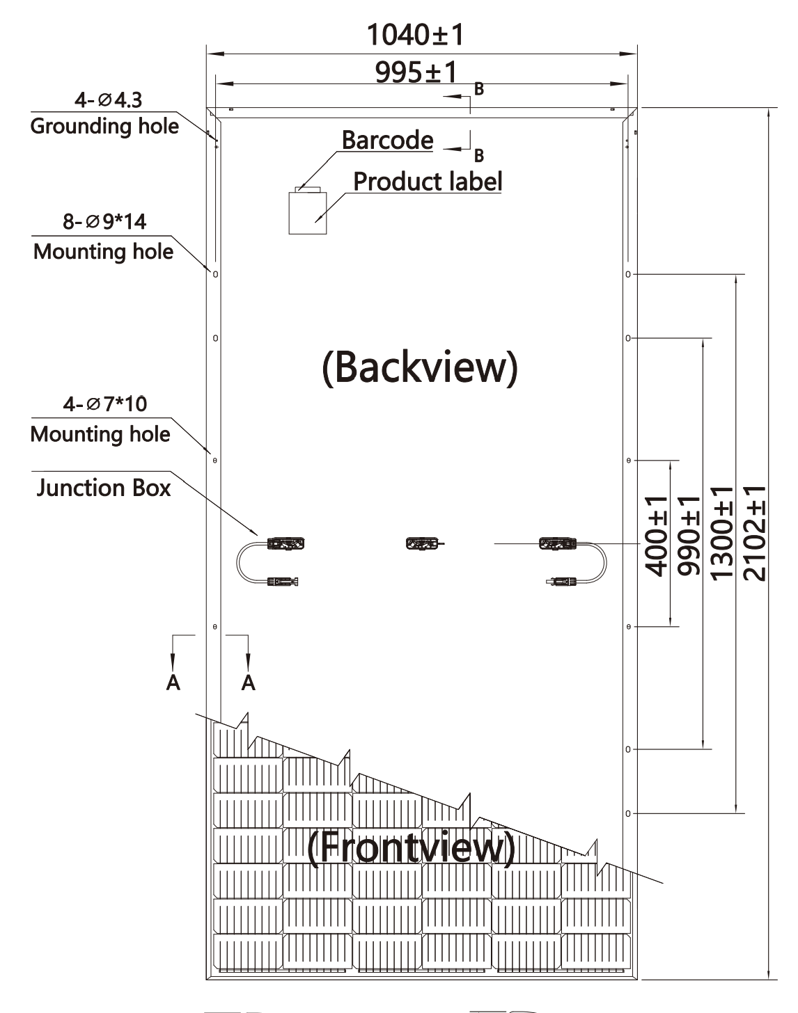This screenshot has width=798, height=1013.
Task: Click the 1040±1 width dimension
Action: [415, 35]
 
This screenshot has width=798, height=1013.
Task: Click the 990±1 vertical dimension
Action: [689, 536]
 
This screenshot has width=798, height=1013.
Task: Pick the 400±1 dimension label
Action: [657, 536]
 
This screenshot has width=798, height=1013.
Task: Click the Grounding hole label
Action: [104, 127]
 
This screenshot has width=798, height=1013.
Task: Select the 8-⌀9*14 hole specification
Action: [104, 222]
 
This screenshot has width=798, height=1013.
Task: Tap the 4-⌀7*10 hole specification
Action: [104, 404]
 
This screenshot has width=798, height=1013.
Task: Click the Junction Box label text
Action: [103, 488]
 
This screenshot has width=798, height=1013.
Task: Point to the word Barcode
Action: [387, 141]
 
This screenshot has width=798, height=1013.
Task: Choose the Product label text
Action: [428, 182]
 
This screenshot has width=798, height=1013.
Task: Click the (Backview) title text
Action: [420, 367]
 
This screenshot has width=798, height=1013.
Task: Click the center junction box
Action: [422, 543]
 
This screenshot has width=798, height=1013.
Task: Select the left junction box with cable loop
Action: [285, 543]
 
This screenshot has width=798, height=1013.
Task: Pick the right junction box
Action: [556, 543]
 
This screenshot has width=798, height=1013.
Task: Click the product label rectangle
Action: [308, 212]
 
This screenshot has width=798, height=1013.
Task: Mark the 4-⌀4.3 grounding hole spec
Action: [108, 100]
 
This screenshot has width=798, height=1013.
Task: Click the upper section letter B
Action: [479, 88]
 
